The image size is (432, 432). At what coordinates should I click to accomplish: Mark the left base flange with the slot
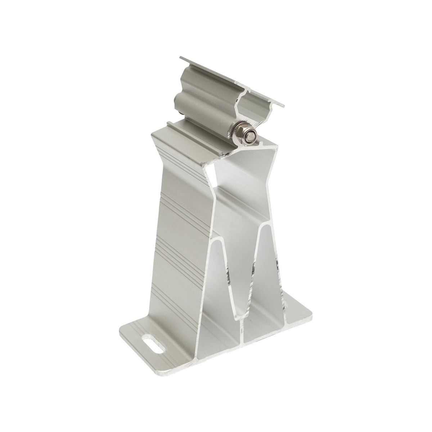[x=144, y=338]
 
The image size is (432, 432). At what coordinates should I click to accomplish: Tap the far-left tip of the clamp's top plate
[x=180, y=58]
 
